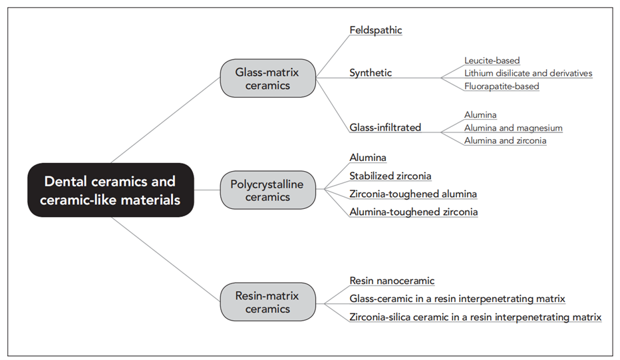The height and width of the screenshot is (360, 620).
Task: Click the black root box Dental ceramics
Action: pos(110,190)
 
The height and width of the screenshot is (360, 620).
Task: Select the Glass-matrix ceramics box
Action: pos(267,78)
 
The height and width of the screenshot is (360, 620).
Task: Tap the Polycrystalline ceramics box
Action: pos(267,190)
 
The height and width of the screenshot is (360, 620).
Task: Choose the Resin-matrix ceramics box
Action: pos(267,302)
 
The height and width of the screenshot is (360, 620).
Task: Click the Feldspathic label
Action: pos(375,30)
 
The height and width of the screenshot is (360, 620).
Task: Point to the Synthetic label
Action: pos(371,73)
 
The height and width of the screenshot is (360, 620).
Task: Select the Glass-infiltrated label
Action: pos(385,127)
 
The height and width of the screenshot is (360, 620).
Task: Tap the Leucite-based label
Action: pos(492,61)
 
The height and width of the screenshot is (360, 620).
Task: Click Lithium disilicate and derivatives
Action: pos(528,73)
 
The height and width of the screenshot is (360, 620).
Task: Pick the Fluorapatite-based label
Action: pos(502,86)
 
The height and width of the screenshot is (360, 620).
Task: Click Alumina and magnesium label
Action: pos(513,128)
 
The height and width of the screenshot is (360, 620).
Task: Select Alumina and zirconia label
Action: pos(505,140)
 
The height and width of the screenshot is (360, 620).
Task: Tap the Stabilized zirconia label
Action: pos(390,176)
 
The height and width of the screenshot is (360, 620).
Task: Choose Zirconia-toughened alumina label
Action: pos(412,194)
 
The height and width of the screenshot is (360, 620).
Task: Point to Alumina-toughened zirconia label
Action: pos(412,212)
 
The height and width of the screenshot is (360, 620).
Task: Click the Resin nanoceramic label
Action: pos(392,281)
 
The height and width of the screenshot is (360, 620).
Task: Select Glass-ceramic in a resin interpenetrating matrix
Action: pos(457,299)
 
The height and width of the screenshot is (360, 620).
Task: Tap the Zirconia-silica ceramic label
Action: pos(475,317)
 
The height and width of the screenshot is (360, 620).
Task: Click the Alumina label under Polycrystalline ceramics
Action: pos(368,158)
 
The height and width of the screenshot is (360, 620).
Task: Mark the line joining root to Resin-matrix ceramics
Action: pos(166,260)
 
